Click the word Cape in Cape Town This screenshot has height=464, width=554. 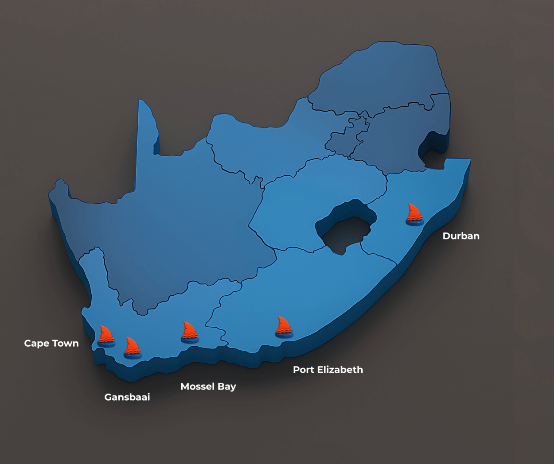coord(36,344)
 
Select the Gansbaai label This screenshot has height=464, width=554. coord(127,397)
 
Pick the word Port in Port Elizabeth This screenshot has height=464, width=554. coord(304,370)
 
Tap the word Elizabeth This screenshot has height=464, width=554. coord(339,370)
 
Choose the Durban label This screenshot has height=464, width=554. coord(461,236)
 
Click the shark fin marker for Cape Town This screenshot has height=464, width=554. coord(106,336)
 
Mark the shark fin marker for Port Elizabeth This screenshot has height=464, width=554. coord(284,327)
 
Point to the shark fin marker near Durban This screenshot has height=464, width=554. coord(414,215)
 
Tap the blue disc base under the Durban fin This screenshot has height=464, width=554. coord(414,223)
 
